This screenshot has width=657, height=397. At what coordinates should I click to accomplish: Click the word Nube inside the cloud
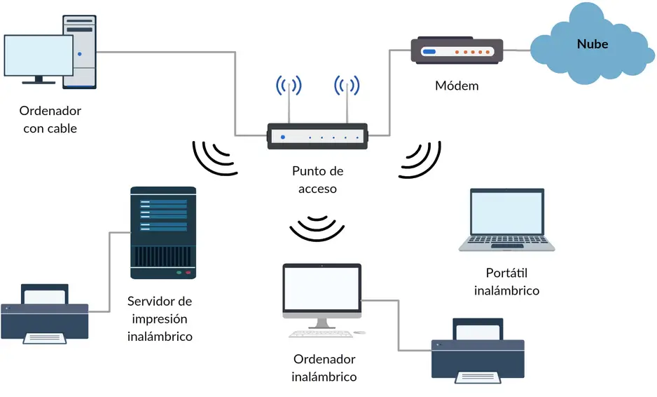click(x=592, y=44)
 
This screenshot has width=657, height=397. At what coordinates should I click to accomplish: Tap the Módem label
click(x=457, y=86)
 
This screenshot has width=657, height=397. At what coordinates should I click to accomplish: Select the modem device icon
click(x=457, y=51)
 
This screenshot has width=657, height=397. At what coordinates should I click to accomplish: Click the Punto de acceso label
click(x=317, y=180)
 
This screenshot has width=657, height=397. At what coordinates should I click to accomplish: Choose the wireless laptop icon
click(x=506, y=219)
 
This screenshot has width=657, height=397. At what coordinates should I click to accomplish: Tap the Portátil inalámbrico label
click(x=506, y=281)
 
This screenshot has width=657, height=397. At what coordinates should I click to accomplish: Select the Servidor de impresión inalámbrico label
click(x=160, y=318)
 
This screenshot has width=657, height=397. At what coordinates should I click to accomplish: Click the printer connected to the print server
click(x=45, y=314)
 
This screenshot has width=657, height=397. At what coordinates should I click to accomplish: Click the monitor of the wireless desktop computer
click(x=321, y=291)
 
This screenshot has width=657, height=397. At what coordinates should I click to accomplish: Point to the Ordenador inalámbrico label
click(x=324, y=368)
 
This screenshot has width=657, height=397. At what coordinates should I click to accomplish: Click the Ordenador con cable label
click(x=50, y=119)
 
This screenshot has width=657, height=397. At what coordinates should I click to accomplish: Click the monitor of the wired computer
click(x=39, y=58)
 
